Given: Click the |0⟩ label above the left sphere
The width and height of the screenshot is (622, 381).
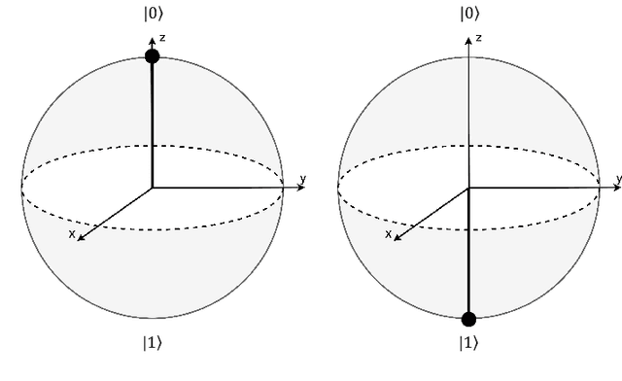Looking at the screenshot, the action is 152,14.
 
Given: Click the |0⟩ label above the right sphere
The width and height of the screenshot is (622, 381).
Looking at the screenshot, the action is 468,14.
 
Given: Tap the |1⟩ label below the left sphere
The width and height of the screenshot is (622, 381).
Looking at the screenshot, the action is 152,342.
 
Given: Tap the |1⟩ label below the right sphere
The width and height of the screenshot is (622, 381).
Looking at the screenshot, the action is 468,342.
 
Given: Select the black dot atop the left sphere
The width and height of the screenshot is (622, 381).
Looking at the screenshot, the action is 152,56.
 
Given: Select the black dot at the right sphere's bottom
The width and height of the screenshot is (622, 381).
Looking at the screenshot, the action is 468,318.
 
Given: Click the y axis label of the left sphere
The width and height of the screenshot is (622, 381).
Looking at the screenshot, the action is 303,178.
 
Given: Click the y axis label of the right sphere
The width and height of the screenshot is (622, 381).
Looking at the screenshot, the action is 618,178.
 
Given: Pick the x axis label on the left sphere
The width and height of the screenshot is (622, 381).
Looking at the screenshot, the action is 72,233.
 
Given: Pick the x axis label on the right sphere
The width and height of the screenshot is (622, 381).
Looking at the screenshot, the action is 389,233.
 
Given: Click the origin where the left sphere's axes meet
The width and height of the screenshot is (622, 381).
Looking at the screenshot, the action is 152,187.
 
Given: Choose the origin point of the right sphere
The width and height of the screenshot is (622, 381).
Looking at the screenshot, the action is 468,187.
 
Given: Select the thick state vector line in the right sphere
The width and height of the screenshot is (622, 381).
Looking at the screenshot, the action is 468,253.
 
